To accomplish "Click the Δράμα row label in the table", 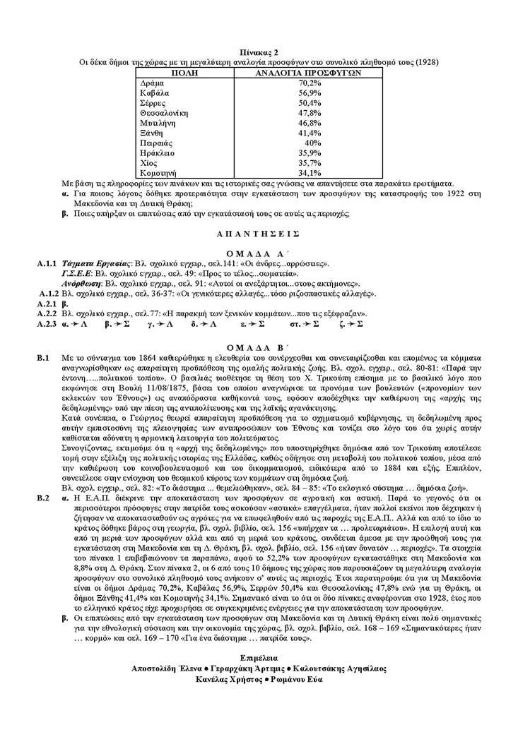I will click(153, 83).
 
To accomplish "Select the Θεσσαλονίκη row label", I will click(164, 112).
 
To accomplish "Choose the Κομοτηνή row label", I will click(158, 172).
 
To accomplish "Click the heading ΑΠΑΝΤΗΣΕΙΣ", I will click(259, 232).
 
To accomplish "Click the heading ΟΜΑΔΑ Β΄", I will click(259, 347).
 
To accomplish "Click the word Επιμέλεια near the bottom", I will click(259, 658).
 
